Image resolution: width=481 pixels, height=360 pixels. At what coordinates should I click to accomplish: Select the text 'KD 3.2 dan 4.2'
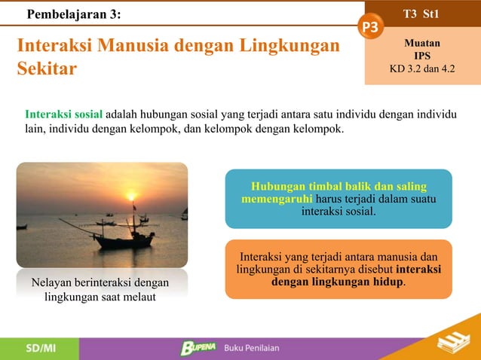click(x=422, y=69)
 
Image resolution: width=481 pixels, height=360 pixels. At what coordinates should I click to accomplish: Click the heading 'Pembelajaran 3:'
click(x=73, y=14)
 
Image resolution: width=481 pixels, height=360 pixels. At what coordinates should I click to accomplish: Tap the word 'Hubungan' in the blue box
click(x=277, y=186)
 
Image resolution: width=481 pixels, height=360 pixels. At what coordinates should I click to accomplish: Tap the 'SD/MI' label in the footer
click(x=40, y=348)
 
